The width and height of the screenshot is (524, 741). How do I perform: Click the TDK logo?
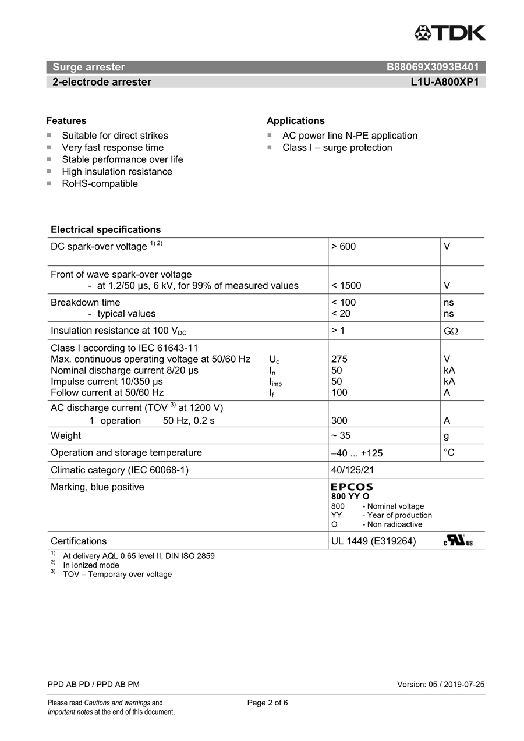(450, 33)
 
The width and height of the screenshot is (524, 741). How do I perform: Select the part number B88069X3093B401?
(433, 67)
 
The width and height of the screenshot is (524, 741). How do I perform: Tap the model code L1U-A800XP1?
(444, 82)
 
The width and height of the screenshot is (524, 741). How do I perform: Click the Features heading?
(66, 121)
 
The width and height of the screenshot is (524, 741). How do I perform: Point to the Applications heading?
(296, 121)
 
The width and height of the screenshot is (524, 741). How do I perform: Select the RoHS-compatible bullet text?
(100, 184)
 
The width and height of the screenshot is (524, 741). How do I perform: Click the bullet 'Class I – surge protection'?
(337, 148)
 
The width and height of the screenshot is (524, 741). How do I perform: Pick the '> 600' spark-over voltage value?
(344, 247)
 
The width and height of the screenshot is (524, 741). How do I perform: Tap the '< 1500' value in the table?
(346, 286)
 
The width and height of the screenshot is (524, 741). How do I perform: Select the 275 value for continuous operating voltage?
(339, 359)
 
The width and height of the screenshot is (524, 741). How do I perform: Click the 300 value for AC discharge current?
(339, 421)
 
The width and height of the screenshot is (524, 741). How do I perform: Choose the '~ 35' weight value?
(341, 436)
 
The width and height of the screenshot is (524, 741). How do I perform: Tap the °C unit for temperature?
(449, 452)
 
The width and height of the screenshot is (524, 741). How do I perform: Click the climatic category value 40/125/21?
(353, 470)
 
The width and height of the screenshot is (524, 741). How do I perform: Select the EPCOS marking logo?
(352, 487)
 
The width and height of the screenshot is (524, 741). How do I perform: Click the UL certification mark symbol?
(458, 541)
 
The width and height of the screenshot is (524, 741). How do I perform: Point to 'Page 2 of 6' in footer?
(267, 703)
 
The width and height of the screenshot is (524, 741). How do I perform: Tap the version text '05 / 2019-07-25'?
(456, 685)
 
